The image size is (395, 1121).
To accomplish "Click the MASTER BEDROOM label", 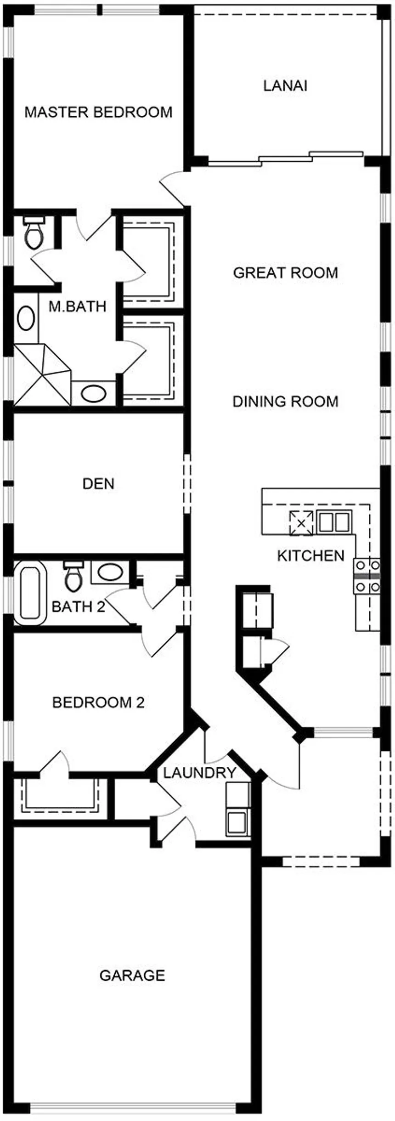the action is point(98,112).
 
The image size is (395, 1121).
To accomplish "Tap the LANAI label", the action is point(285,86).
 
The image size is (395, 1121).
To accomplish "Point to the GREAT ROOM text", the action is point(285,273).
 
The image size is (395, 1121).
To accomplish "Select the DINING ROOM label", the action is point(285,402).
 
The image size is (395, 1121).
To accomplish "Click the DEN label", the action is point(98,484).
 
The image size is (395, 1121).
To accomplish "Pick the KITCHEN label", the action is point(310,556).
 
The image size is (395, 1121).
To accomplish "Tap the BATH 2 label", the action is point(78,607).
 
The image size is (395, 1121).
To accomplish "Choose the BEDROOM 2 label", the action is point(98,702).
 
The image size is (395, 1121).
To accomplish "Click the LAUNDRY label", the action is point(199,773).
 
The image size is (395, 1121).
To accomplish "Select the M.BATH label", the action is point(77,306).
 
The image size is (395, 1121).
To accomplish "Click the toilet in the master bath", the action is point(34,233).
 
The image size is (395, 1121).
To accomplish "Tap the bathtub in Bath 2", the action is point(30,593).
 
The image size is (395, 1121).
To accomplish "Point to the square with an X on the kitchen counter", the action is point(301,523).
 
